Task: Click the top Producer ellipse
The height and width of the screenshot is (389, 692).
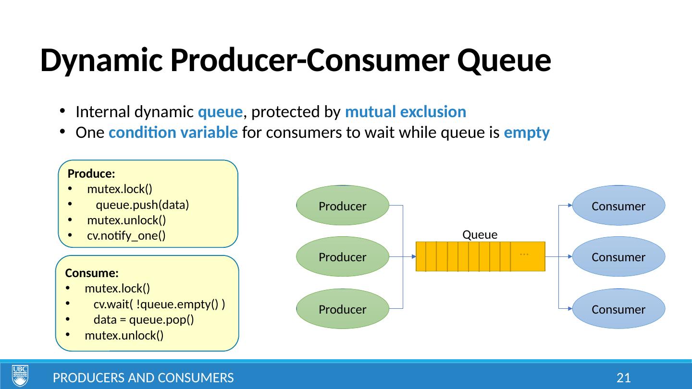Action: (x=343, y=206)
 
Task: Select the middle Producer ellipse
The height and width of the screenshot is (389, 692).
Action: (x=343, y=257)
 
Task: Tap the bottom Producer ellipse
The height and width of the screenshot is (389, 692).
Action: (x=343, y=309)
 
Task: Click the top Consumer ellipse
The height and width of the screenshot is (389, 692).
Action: (x=618, y=206)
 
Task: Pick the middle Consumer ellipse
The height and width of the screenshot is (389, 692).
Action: (x=618, y=257)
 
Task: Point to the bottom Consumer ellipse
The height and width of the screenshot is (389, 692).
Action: (x=618, y=309)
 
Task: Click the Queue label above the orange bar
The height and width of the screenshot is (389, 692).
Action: (x=480, y=234)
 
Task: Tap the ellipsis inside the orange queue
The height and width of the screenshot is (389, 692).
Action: (x=524, y=252)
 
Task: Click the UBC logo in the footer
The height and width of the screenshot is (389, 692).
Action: (x=20, y=376)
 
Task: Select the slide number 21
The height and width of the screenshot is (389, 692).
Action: (x=623, y=378)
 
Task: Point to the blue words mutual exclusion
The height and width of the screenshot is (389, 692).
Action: (x=406, y=112)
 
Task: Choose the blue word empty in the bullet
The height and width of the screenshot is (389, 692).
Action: (x=527, y=133)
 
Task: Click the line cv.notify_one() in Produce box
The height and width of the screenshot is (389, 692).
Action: (x=126, y=236)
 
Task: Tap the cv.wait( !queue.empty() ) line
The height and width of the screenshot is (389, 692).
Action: (x=160, y=304)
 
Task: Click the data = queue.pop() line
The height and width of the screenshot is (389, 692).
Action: (x=144, y=320)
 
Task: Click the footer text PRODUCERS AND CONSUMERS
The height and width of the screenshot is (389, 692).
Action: (x=143, y=378)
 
